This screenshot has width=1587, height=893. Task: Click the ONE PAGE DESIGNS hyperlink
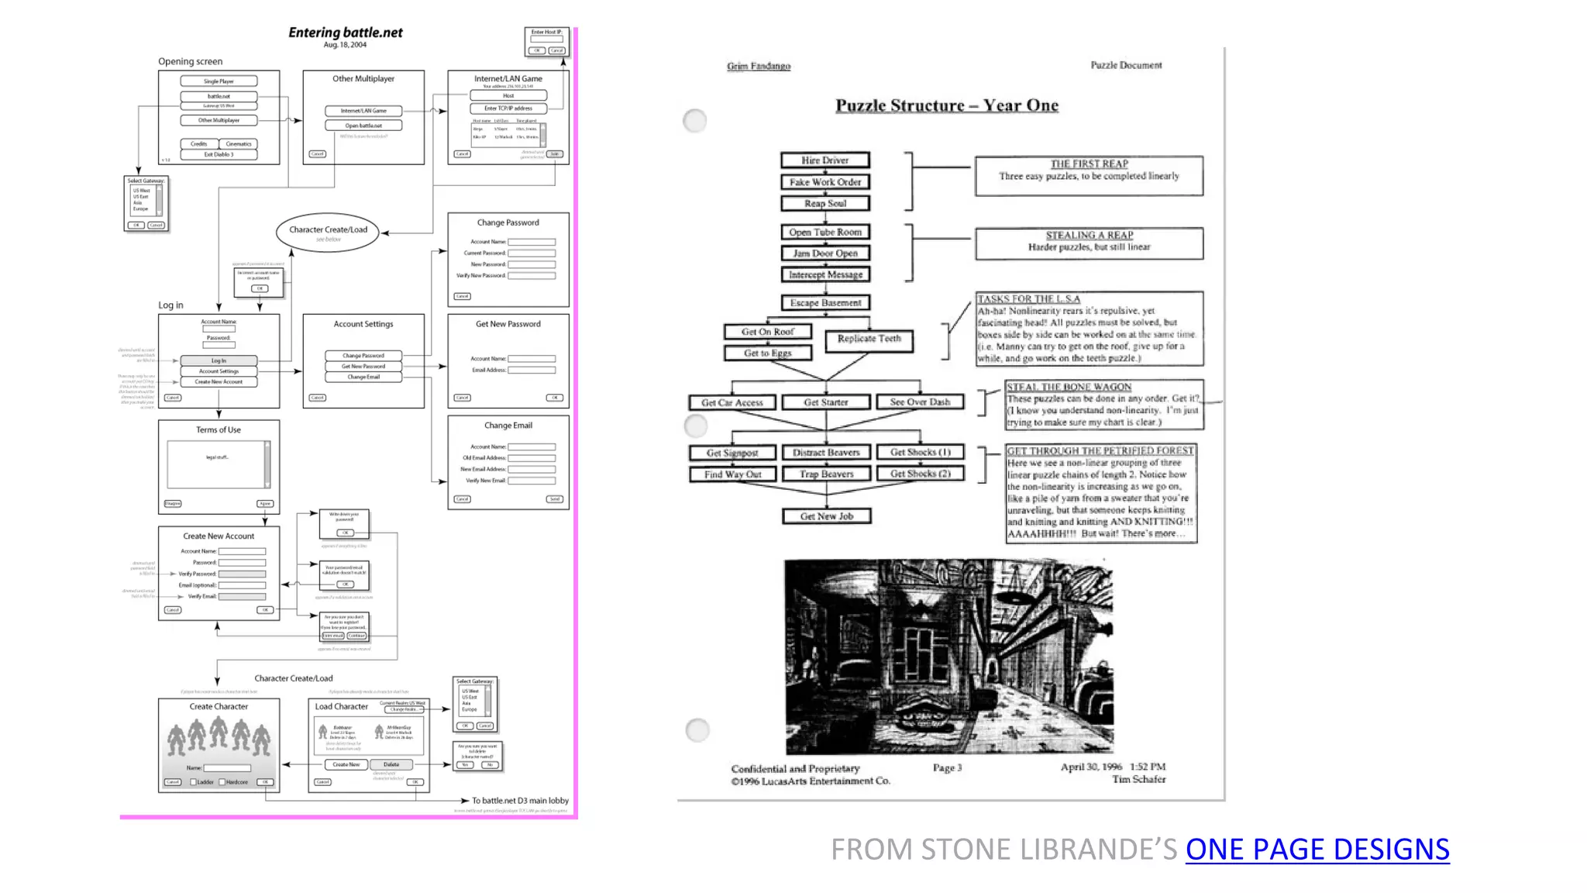(1317, 850)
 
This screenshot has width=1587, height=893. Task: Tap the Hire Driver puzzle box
(824, 160)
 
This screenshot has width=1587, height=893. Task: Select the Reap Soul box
(824, 203)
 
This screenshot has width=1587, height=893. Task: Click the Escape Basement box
(824, 302)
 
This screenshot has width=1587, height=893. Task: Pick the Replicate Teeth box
(869, 339)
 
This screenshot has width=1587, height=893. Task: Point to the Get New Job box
(826, 516)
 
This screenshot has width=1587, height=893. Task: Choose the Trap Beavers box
(826, 474)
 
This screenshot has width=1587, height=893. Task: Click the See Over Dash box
(919, 402)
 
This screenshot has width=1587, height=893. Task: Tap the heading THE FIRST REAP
(1089, 164)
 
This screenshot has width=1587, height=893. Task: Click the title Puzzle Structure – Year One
(946, 105)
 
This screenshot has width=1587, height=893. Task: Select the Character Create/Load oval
(328, 231)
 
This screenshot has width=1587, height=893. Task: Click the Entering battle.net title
(345, 33)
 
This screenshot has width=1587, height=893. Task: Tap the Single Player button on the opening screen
(219, 81)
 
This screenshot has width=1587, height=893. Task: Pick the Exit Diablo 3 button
(219, 154)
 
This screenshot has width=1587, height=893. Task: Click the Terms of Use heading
(218, 429)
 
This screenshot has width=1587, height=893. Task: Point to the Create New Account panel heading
(219, 536)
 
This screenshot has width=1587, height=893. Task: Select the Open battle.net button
(363, 126)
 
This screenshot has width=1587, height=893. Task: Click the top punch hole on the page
(694, 120)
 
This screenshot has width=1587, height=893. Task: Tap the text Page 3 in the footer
(947, 767)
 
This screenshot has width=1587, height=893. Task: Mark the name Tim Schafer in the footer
(1138, 779)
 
